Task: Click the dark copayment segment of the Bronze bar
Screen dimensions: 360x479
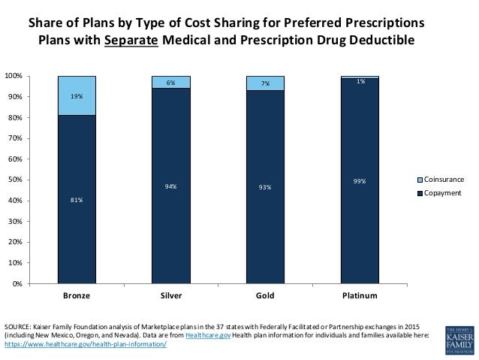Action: click(77, 225)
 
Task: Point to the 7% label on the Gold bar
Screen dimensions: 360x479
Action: click(265, 84)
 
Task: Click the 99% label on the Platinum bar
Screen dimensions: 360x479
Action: click(360, 180)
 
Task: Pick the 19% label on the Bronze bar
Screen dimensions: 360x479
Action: click(77, 97)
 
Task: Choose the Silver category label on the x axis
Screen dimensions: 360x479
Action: click(171, 296)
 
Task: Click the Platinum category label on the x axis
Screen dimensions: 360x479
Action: click(360, 296)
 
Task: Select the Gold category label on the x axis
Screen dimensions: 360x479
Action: click(265, 296)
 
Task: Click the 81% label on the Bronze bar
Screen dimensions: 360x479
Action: click(77, 200)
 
